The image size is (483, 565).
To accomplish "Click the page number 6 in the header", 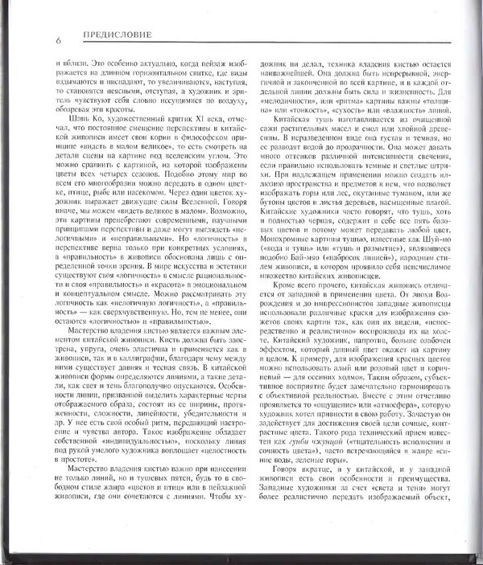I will click(x=59, y=40).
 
